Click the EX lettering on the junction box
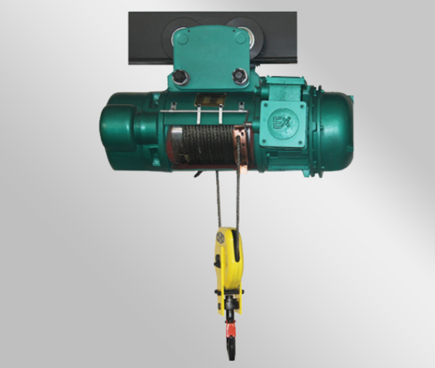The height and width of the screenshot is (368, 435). pos(282,122)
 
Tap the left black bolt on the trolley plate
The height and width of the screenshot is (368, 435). pos(179,76)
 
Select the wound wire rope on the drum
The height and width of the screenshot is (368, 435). pos(208,144)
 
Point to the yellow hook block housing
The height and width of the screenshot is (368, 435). pos(229,270)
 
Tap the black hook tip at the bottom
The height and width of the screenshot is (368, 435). pos(231,350)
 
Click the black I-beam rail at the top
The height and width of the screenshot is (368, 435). pos(212,38)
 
